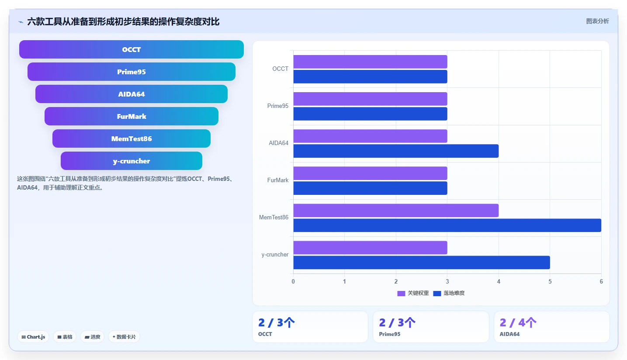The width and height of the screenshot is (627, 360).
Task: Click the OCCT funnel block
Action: (x=131, y=49)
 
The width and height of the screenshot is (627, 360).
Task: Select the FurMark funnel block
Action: (x=131, y=116)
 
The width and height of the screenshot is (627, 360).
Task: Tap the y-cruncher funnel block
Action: (x=131, y=161)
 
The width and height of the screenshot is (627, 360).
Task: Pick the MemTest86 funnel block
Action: (x=131, y=138)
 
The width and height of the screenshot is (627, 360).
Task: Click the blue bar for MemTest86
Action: (x=447, y=225)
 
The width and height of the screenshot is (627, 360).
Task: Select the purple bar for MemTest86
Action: (x=396, y=211)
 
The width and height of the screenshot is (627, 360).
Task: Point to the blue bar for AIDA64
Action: (x=396, y=151)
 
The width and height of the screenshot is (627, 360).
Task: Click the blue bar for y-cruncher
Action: (x=422, y=262)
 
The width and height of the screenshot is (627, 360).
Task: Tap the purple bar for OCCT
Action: (x=370, y=62)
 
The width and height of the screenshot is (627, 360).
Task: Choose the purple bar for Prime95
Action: (x=370, y=99)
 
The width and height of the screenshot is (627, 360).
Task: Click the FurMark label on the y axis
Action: (x=278, y=180)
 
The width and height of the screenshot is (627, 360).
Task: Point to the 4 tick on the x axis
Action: (x=499, y=281)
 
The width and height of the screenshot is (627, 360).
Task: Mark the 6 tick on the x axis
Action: (x=601, y=281)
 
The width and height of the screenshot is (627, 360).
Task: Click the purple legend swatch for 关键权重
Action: (x=401, y=294)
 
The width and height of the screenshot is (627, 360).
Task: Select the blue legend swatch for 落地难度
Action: (x=437, y=294)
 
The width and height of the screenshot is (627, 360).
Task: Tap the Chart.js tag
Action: (x=33, y=337)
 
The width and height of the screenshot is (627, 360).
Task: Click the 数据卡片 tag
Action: (x=124, y=337)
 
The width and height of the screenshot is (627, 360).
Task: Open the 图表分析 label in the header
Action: (x=597, y=21)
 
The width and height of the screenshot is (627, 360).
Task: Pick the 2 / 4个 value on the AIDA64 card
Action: (x=518, y=322)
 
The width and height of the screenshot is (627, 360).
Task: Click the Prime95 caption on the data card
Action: (x=390, y=334)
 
